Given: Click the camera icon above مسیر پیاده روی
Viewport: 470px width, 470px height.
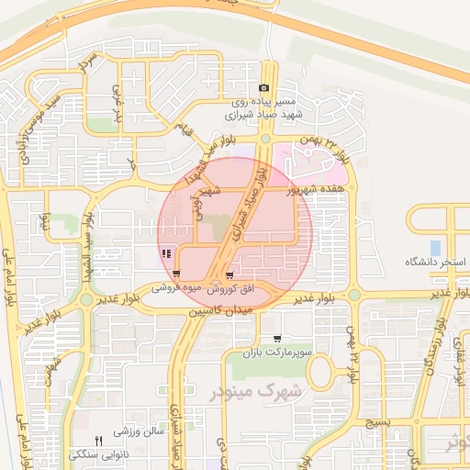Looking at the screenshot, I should (x=263, y=88).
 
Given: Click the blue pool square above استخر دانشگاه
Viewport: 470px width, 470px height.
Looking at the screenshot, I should (x=434, y=248).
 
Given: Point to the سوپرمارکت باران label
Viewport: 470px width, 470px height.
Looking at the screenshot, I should (x=278, y=352).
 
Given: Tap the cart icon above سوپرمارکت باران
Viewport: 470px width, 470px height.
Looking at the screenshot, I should (x=278, y=339).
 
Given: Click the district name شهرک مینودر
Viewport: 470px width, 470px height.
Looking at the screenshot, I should (x=259, y=392).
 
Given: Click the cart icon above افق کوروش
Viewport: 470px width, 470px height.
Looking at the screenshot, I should (x=229, y=274).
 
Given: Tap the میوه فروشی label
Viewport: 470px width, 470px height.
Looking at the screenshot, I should (x=175, y=288).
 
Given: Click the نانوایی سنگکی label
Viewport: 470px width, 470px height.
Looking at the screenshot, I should (x=100, y=453).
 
